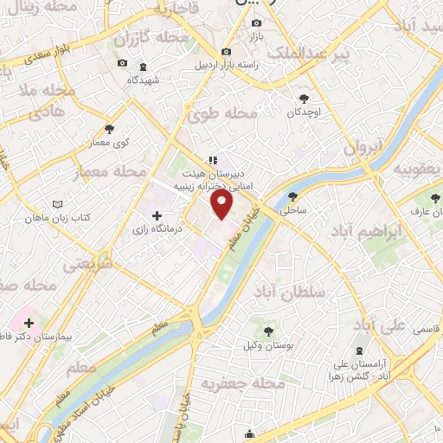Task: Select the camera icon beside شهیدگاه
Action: (x=122, y=63)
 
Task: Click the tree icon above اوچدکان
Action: (x=304, y=98)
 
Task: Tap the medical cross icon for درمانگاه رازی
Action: (x=157, y=215)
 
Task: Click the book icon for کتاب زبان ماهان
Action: (x=58, y=203)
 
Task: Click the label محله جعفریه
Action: (x=243, y=382)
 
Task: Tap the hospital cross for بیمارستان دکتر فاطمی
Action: (x=29, y=323)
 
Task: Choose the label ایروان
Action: (x=362, y=148)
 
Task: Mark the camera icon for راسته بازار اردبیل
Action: (x=227, y=51)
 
